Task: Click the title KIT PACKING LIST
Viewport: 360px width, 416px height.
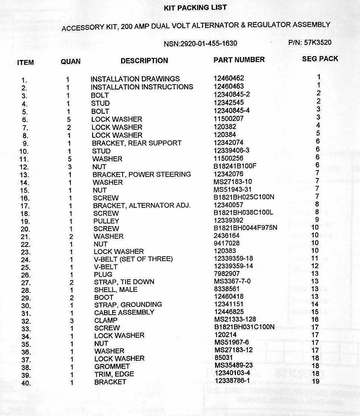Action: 195,8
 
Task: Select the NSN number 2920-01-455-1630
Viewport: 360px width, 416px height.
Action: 200,44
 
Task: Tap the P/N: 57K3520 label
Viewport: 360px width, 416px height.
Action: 310,42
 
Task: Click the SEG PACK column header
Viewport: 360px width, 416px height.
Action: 320,59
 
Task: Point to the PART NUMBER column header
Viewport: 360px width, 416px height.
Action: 239,60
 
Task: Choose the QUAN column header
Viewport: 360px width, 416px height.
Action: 70,61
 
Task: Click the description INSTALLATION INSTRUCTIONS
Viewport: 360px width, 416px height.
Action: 142,87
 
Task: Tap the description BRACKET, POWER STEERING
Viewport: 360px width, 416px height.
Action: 142,174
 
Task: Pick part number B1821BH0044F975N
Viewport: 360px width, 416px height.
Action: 246,228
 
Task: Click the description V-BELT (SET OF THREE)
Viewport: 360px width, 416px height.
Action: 133,259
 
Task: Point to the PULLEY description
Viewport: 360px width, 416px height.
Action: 106,221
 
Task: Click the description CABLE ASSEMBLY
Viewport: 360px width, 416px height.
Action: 124,312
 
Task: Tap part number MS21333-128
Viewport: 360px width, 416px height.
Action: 236,320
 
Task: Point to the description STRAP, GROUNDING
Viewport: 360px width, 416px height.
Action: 128,304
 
